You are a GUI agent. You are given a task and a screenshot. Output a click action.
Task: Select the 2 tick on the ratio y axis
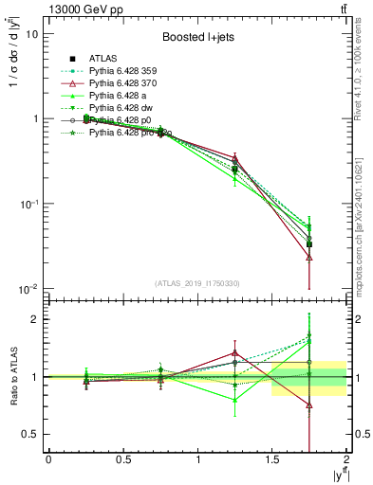coord(34,319)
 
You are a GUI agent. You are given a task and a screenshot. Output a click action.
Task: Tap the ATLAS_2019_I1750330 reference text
coord(197,283)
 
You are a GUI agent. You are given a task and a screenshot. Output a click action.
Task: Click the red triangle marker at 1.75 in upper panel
coord(309,257)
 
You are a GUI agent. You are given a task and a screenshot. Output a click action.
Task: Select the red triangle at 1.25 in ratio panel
coord(234,353)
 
